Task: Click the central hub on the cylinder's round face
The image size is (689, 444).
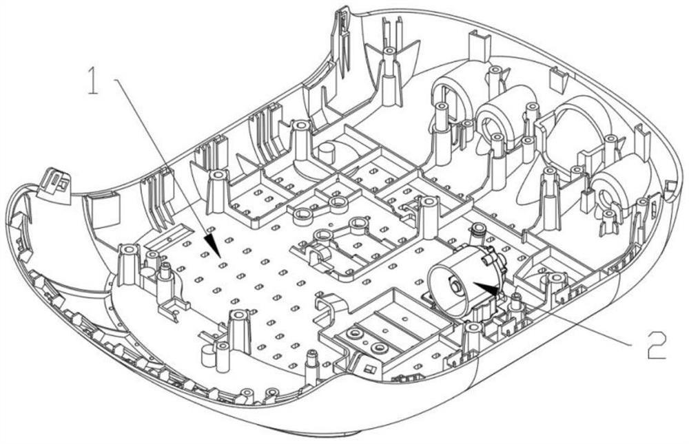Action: [x=454, y=283]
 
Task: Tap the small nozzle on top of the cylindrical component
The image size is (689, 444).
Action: [x=476, y=230]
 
